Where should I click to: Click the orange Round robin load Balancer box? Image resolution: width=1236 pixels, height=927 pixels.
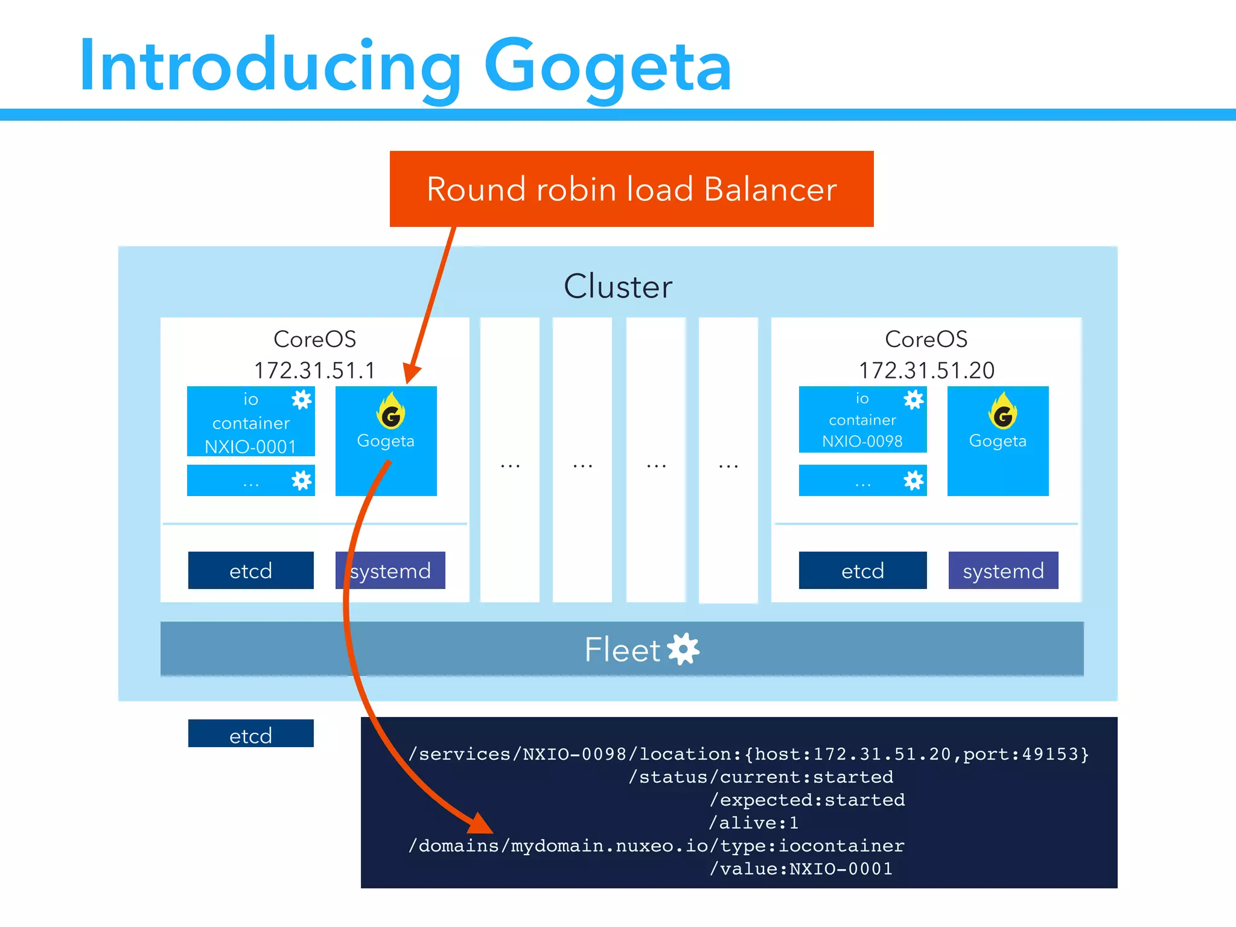click(x=631, y=189)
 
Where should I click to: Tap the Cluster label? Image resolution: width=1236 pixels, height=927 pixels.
click(x=617, y=286)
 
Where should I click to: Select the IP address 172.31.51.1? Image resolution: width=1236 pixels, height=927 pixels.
click(x=314, y=370)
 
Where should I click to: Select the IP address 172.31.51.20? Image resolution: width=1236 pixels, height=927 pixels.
click(x=926, y=370)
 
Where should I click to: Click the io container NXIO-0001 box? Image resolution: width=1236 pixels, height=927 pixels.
click(x=250, y=422)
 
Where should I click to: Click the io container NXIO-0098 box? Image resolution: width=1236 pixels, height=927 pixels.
click(x=862, y=420)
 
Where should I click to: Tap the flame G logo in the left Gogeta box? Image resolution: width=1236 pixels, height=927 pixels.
click(x=390, y=412)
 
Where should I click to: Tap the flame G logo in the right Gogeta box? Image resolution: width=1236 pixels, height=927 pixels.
click(x=1002, y=412)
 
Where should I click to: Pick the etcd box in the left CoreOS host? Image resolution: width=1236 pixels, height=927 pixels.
click(x=250, y=570)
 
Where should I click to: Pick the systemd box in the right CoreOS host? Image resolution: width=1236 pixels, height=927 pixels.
click(x=1003, y=570)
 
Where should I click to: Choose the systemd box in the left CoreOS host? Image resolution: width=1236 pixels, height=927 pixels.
click(x=390, y=570)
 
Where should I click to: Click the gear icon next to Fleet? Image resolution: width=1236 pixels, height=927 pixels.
click(x=684, y=649)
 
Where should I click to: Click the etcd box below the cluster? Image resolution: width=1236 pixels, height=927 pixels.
click(x=250, y=734)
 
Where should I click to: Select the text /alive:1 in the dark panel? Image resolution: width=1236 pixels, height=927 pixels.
click(x=753, y=823)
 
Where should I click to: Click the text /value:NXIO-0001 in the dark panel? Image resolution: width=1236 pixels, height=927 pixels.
click(x=801, y=869)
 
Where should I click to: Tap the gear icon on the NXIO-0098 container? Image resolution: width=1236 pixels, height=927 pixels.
click(x=913, y=400)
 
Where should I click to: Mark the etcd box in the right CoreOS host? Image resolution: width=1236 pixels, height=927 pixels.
click(x=862, y=570)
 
